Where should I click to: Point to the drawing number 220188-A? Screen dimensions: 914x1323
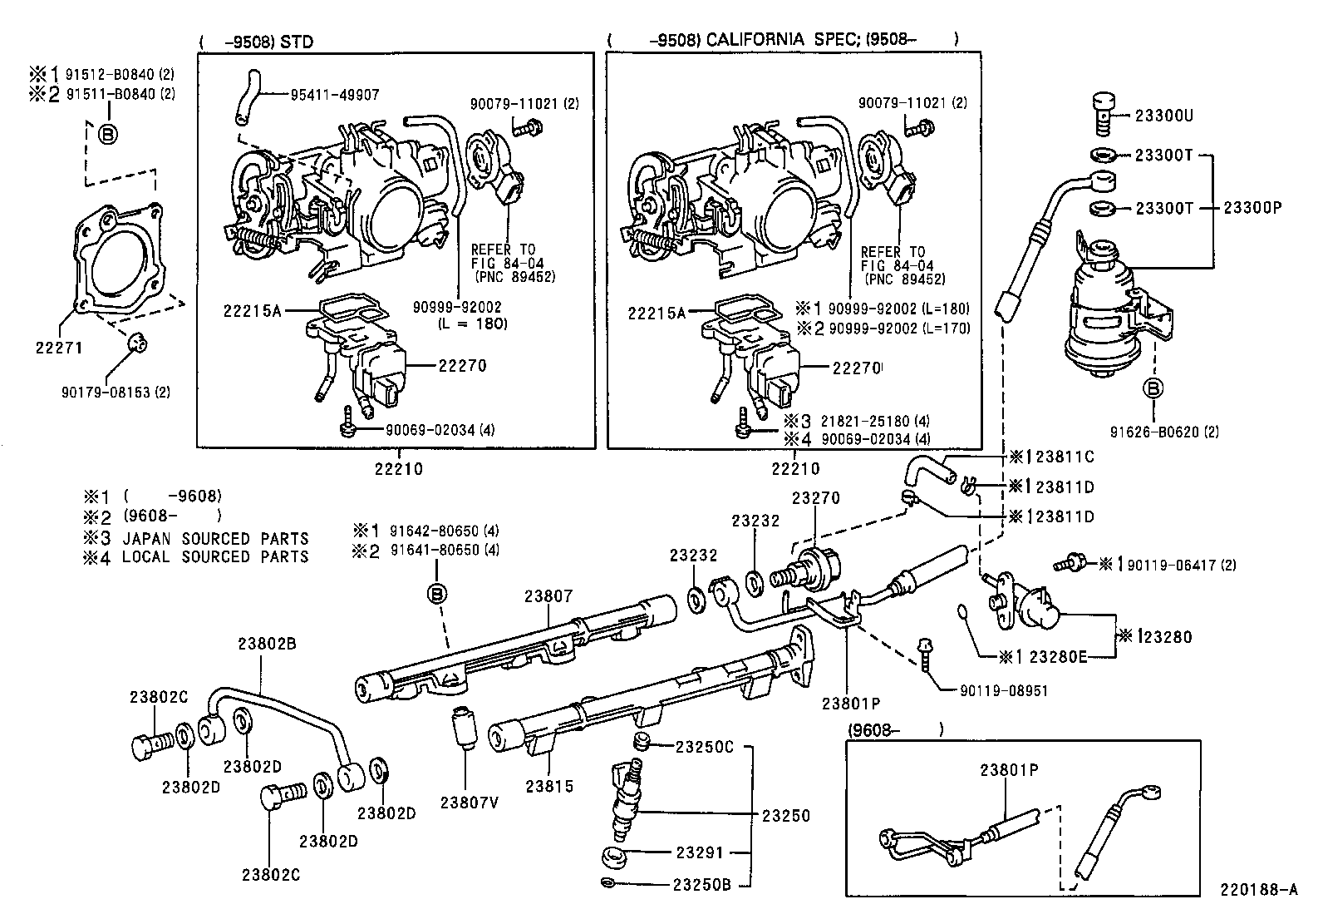click(x=1258, y=889)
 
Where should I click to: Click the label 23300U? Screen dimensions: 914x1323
click(x=1164, y=116)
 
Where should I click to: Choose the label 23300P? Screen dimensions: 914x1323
click(x=1252, y=208)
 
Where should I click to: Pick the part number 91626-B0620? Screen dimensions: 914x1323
click(x=1153, y=432)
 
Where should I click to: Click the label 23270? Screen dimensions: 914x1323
click(x=815, y=498)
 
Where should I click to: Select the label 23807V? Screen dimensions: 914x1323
click(x=470, y=803)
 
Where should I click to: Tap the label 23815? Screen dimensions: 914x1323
click(x=549, y=786)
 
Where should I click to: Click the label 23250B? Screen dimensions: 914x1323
click(x=701, y=884)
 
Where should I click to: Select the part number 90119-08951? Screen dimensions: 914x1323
click(x=1003, y=690)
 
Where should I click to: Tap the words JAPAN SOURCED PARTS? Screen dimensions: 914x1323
click(x=215, y=538)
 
